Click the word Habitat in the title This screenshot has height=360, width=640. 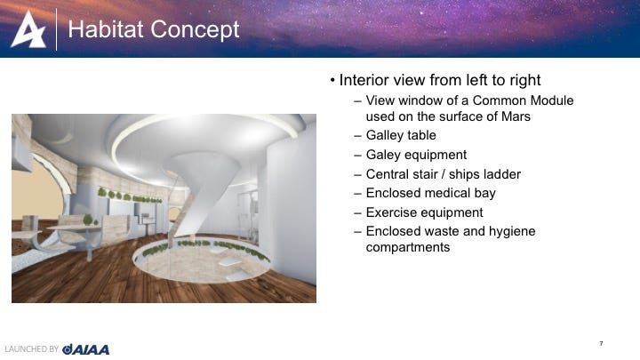coord(106,29)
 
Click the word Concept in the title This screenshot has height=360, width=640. coord(195,30)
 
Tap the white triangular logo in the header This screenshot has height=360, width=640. coord(28,29)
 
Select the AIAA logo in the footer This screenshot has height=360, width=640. coord(85,349)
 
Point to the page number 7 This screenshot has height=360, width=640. coord(601,344)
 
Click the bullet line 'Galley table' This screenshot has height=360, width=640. coord(401,135)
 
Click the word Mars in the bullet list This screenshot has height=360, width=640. coord(516,116)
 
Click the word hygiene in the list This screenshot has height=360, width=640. coord(512,231)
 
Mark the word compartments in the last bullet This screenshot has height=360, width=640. coord(408,247)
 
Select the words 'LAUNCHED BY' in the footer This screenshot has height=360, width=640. coord(32,349)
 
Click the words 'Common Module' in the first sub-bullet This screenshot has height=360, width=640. coord(523,100)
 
